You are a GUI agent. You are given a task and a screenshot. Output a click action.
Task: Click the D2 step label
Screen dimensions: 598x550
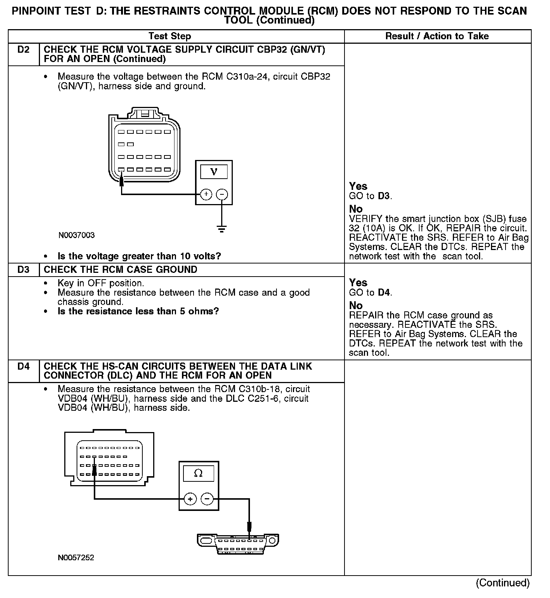pyautogui.click(x=23, y=50)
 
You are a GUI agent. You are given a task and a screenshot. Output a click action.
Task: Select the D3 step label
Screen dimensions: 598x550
pyautogui.click(x=23, y=270)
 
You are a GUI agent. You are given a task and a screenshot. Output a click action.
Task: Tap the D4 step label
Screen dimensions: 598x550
pyautogui.click(x=23, y=367)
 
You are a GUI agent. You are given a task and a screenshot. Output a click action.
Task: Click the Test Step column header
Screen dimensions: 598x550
pyautogui.click(x=170, y=36)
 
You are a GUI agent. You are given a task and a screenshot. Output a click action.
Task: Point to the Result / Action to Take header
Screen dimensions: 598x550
pyautogui.click(x=437, y=36)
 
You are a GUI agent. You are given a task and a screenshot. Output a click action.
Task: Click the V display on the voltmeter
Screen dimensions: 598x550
pyautogui.click(x=214, y=172)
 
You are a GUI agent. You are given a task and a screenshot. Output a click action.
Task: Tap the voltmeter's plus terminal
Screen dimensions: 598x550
pyautogui.click(x=206, y=194)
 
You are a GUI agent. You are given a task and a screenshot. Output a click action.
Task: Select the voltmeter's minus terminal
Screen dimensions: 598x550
pyautogui.click(x=222, y=194)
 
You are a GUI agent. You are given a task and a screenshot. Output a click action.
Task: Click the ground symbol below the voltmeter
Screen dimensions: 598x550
pyautogui.click(x=222, y=229)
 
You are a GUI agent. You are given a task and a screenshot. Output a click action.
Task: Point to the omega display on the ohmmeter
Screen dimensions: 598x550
pyautogui.click(x=198, y=474)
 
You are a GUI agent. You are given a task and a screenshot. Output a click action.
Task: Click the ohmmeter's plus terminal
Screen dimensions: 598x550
pyautogui.click(x=190, y=499)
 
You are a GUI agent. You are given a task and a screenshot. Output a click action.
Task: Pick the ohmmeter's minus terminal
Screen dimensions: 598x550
pyautogui.click(x=207, y=499)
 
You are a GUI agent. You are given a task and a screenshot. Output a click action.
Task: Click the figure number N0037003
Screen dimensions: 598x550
pyautogui.click(x=77, y=235)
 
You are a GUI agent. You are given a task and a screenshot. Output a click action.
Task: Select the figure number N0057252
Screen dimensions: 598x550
pyautogui.click(x=76, y=558)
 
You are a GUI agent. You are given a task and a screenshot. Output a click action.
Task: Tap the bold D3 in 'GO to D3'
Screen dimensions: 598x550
pyautogui.click(x=384, y=196)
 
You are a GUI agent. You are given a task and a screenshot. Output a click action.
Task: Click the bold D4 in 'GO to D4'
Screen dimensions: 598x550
pyautogui.click(x=384, y=292)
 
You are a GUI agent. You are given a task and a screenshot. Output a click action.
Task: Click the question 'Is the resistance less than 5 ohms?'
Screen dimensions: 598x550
pyautogui.click(x=138, y=311)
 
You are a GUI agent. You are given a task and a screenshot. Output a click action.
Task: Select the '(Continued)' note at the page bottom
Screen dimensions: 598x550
pyautogui.click(x=503, y=583)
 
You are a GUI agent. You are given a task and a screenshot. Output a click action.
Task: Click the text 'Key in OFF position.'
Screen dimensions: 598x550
pyautogui.click(x=101, y=283)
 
